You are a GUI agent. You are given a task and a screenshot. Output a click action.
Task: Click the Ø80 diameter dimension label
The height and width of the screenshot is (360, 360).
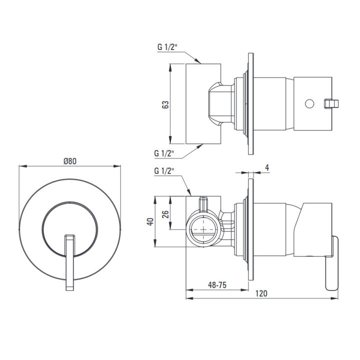[70, 161]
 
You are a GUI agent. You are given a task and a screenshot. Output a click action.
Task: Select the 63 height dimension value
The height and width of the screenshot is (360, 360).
[165, 104]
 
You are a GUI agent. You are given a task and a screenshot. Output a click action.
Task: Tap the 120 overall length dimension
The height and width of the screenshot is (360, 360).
[261, 293]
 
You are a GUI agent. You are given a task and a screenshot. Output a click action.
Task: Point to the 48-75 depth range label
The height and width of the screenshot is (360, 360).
[217, 285]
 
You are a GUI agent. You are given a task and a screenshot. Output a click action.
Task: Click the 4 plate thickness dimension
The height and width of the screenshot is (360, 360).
[267, 167]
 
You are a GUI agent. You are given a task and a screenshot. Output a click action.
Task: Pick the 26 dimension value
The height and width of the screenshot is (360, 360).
[165, 214]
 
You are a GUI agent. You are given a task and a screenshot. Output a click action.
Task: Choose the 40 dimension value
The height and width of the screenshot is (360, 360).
[150, 221]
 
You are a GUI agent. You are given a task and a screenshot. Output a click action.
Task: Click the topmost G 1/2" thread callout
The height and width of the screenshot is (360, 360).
[167, 47]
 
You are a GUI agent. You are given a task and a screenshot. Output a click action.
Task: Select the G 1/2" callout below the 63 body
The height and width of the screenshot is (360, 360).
[164, 153]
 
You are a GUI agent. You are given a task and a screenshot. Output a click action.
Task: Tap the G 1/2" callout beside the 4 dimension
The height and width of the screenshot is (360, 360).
[164, 171]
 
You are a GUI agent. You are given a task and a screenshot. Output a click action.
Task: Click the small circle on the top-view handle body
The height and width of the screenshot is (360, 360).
[309, 103]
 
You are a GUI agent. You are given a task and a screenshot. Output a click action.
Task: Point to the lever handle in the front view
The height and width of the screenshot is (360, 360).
[69, 262]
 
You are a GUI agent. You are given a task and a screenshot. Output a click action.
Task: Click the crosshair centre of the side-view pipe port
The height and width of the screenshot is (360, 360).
[203, 229]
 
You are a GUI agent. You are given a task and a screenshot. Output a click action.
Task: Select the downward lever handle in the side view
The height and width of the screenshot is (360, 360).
[332, 263]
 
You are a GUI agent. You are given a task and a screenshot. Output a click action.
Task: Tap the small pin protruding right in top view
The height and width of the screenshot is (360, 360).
[331, 103]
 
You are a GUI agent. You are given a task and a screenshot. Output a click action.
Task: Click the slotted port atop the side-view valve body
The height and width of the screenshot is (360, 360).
[203, 203]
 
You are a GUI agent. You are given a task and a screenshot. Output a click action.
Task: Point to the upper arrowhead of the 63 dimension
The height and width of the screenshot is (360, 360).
[170, 67]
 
